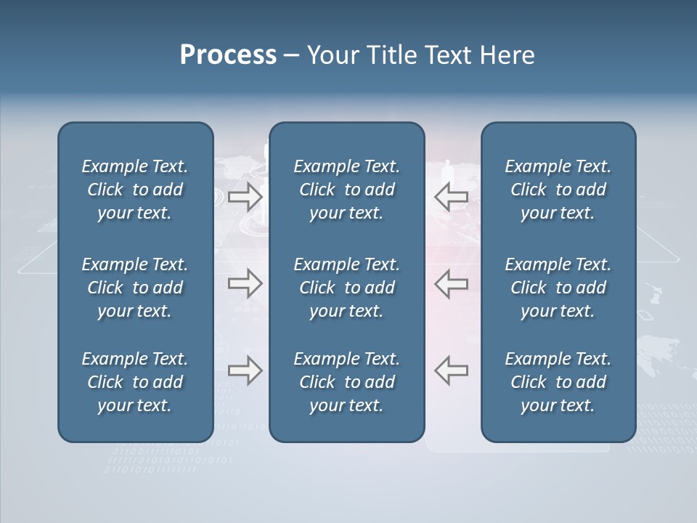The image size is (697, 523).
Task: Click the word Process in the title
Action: [x=228, y=55]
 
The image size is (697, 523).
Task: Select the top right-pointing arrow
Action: [x=245, y=197]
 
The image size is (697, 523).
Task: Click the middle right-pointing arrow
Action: [x=245, y=284]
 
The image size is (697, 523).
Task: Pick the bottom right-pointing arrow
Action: [x=245, y=370]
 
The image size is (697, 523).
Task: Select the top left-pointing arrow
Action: [x=451, y=197]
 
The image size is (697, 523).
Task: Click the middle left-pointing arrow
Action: [x=451, y=284]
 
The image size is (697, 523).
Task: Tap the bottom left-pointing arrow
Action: [x=451, y=370]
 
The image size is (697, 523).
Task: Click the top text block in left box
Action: [x=135, y=190]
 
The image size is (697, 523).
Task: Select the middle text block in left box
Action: [x=135, y=288]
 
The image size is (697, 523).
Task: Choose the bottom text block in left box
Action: [x=135, y=382]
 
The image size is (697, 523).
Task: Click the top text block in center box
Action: [x=346, y=190]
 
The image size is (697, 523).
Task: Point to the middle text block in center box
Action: [x=346, y=288]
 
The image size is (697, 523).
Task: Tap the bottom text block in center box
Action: [x=346, y=382]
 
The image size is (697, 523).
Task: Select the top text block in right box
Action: [x=558, y=190]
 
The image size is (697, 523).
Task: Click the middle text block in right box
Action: [x=558, y=288]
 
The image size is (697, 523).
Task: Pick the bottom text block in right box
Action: [x=558, y=382]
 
